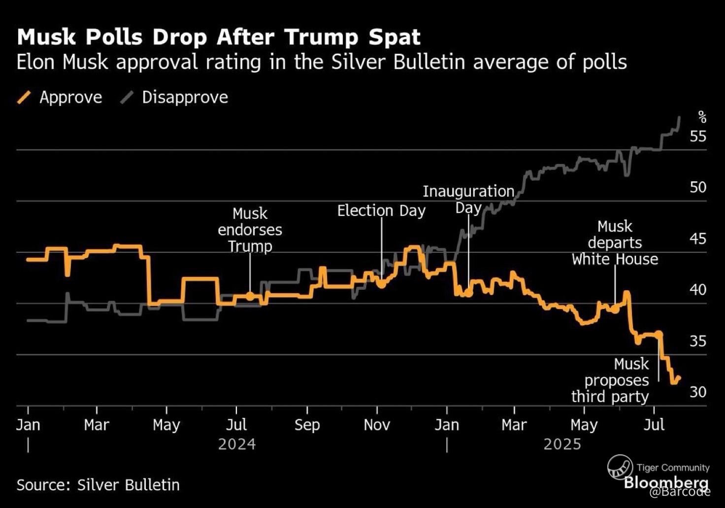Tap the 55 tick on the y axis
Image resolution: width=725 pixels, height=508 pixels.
point(698,136)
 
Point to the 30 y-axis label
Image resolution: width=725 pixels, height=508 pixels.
point(698,392)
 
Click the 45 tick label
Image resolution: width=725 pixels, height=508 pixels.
point(698,238)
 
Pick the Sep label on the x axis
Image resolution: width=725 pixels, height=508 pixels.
point(307,425)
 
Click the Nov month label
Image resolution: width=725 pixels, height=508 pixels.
point(377,425)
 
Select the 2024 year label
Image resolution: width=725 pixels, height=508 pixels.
point(237,444)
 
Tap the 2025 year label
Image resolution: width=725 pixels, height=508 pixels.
point(562,444)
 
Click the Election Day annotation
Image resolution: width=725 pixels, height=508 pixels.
point(381,211)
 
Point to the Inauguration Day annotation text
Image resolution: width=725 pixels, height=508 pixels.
point(468,199)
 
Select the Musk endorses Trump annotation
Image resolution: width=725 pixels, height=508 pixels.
point(250,230)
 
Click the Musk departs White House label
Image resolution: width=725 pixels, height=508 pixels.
point(615,242)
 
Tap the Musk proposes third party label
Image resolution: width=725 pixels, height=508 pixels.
point(610,380)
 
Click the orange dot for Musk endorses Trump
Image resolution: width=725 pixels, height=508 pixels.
point(250,296)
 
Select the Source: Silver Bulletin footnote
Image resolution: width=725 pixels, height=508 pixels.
point(98,485)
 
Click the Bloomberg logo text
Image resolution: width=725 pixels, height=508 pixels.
point(666,482)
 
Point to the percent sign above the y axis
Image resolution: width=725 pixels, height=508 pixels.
point(702,117)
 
